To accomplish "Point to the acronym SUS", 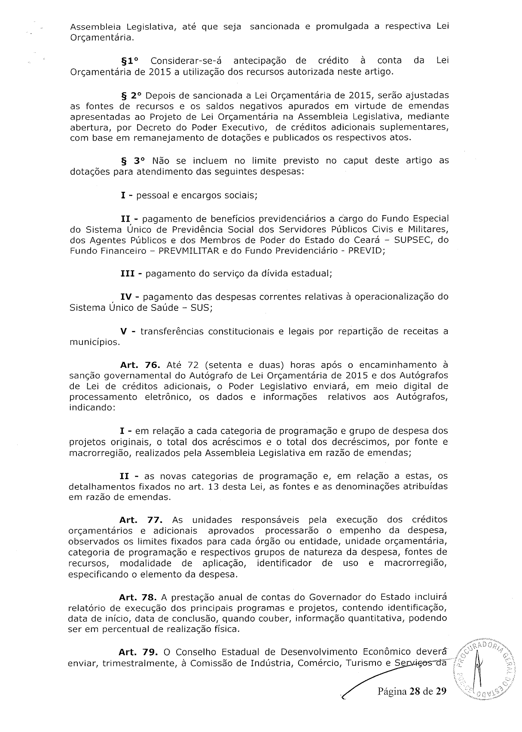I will [200, 308].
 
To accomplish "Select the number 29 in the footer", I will [440, 692].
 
